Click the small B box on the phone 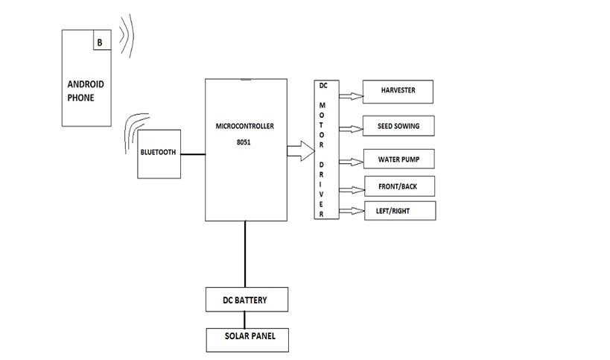[101, 42]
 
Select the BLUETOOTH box [159, 153]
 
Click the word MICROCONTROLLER [245, 126]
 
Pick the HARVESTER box [398, 91]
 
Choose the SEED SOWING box [398, 126]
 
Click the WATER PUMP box [398, 160]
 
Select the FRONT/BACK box [398, 186]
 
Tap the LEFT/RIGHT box [398, 211]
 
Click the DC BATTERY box [246, 300]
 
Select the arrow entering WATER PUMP [349, 161]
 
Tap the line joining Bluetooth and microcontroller [192, 155]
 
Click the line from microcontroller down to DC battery [244, 253]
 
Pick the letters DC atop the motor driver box [323, 86]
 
